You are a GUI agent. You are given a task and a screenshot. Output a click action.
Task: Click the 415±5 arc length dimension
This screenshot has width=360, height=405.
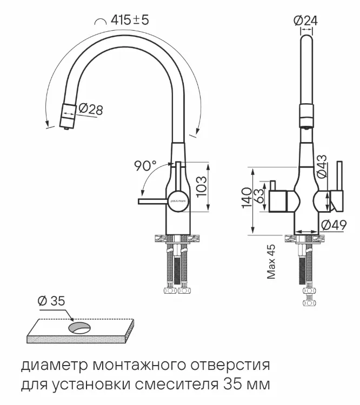tap(129, 20)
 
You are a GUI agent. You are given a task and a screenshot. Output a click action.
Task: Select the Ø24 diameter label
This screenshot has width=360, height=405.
tap(305, 20)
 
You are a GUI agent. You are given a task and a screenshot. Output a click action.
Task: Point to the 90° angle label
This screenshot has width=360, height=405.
tap(145, 166)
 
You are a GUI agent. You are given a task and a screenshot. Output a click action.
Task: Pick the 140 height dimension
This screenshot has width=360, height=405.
tap(246, 198)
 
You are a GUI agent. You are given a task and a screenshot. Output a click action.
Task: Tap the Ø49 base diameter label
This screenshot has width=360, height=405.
tap(333, 225)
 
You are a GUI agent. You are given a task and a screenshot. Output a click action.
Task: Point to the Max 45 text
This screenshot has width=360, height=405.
tap(271, 262)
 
